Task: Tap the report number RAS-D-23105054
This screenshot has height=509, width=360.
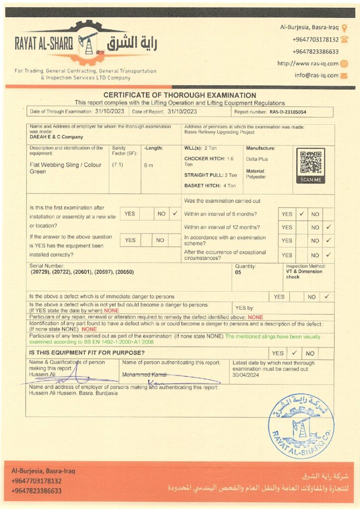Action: click(x=288, y=112)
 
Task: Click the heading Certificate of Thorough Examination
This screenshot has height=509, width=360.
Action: click(x=180, y=95)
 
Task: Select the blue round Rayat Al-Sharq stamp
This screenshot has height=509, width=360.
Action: click(x=301, y=426)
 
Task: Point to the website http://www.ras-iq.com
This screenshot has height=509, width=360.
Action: click(x=308, y=63)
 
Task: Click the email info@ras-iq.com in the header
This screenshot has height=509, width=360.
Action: click(x=316, y=76)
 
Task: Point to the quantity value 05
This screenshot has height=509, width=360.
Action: click(x=238, y=272)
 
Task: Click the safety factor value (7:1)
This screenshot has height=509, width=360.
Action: click(x=119, y=165)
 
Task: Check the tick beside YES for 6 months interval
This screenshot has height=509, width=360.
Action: click(x=301, y=214)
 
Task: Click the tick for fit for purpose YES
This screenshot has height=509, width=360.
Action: click(x=294, y=353)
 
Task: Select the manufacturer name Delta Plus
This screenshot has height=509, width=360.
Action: click(x=257, y=159)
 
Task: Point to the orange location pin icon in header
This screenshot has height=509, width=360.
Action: click(x=345, y=27)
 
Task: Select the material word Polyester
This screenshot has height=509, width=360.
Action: click(x=256, y=177)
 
